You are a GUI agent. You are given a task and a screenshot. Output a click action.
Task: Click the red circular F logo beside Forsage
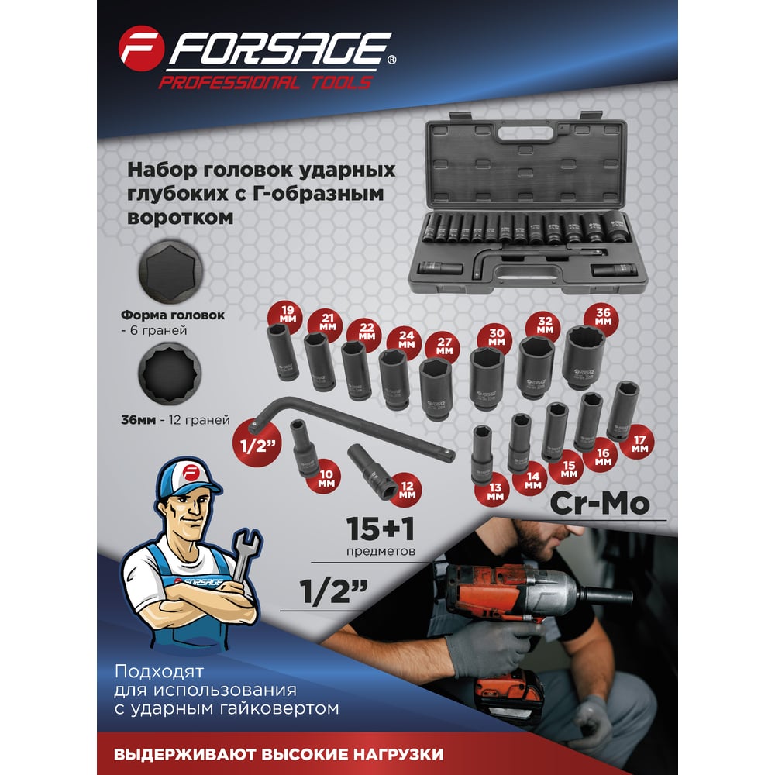point(141,48)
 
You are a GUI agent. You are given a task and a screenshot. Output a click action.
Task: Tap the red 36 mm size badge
point(602,317)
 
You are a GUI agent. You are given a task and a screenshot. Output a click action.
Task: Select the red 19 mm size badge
point(288,315)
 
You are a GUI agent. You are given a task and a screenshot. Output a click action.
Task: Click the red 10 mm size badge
point(325,477)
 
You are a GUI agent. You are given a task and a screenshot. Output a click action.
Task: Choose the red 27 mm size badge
point(443,346)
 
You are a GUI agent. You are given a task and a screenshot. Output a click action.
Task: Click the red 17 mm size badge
point(639,443)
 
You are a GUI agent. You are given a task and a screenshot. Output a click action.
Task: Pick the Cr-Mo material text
point(600,503)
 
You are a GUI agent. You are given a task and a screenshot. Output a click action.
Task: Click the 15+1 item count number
point(380,529)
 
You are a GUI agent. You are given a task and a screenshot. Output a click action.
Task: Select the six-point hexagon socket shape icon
point(170,272)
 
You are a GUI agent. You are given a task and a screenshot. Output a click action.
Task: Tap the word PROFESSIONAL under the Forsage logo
point(228,83)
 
